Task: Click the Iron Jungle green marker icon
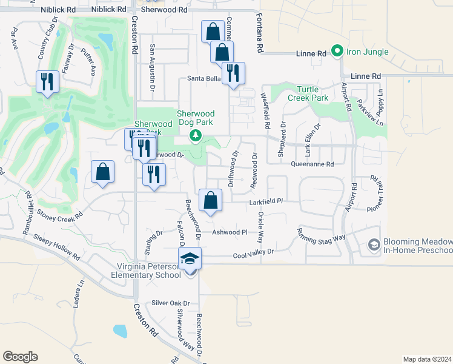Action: coord(338,52)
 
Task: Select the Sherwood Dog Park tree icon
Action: coord(195,135)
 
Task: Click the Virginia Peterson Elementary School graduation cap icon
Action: coord(190,259)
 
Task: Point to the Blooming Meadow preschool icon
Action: coord(374,244)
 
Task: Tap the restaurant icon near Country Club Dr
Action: coord(48,81)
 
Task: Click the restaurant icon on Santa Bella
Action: coord(233,73)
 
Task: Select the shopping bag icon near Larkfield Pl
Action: coord(210,200)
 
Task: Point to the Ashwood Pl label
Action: coord(230,232)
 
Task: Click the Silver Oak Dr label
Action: coord(171,303)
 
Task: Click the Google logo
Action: coord(20,357)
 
